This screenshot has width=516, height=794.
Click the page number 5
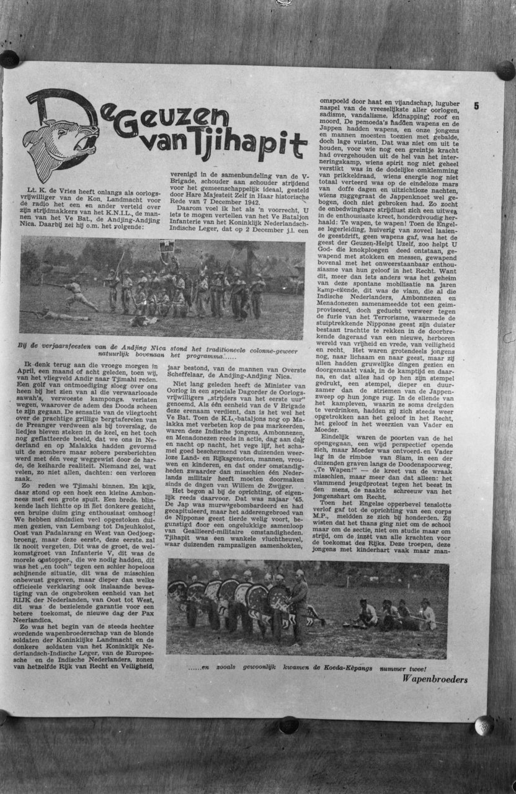tap(476, 105)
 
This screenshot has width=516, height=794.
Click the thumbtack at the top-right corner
tap(504, 70)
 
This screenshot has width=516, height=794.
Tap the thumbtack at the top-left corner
tap(9, 59)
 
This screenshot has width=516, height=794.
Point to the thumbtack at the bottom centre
tap(288, 725)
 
